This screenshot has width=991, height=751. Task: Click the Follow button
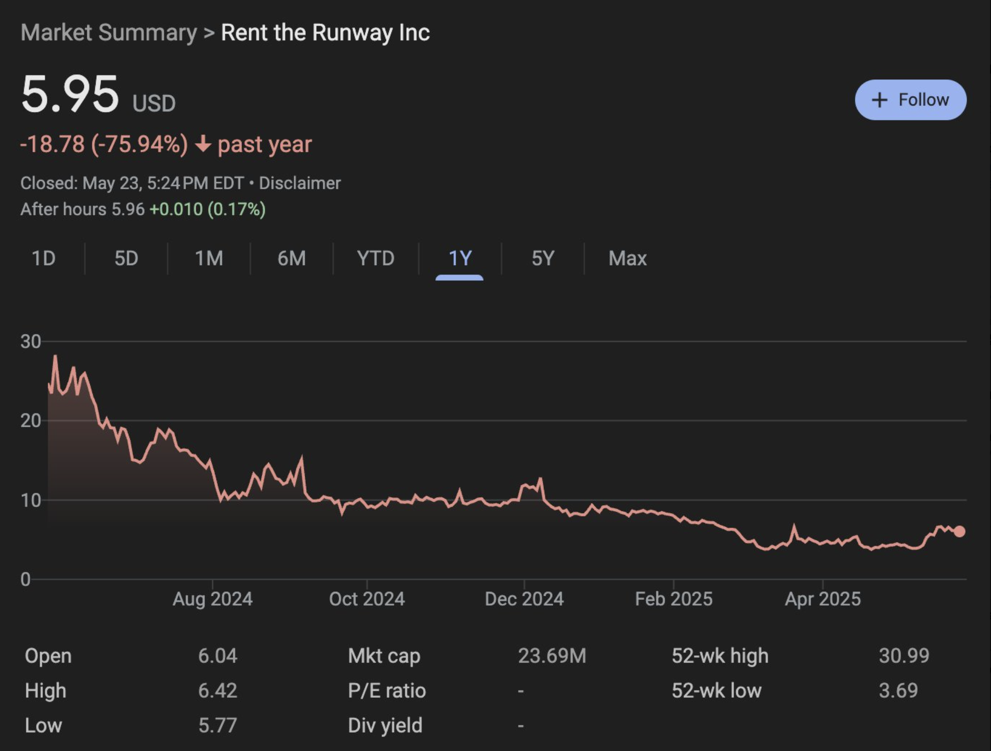point(910,100)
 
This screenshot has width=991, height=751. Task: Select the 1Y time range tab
point(460,258)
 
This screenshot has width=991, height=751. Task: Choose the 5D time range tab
point(126,258)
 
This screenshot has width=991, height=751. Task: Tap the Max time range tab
point(627,258)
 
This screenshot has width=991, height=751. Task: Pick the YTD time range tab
point(376,258)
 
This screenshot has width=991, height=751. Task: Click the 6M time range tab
point(291,258)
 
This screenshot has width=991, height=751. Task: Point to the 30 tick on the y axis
point(31,341)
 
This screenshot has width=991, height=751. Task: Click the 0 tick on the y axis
point(26,579)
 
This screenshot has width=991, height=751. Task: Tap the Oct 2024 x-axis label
point(367,599)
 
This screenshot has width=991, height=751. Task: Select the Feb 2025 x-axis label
point(673,599)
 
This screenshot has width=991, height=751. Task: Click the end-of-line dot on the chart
point(959,531)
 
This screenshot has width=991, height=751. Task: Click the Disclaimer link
point(300,183)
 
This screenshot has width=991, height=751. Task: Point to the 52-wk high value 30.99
point(904,656)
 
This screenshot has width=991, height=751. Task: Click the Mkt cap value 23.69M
point(552,656)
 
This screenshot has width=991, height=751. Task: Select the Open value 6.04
point(217,656)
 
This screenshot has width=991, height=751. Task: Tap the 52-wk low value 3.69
point(898,690)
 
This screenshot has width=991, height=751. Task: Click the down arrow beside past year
point(203,144)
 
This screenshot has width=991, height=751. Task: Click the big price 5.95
point(70,95)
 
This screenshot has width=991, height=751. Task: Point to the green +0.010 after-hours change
point(176,209)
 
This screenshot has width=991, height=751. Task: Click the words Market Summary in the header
point(108,33)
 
